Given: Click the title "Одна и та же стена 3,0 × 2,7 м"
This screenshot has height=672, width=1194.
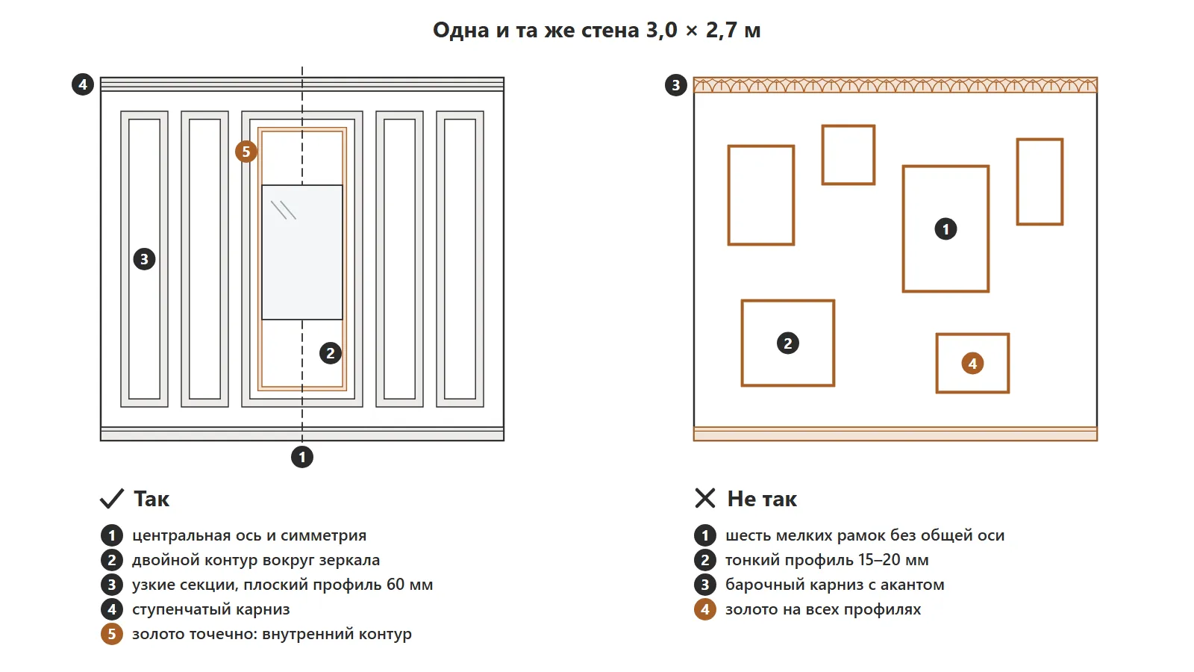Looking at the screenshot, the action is [x=596, y=31].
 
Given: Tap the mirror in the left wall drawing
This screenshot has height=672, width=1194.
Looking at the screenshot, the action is [x=301, y=252].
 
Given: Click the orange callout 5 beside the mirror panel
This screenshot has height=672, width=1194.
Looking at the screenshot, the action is [x=246, y=152].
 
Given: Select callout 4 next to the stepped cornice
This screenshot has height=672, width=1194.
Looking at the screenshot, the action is [x=83, y=84].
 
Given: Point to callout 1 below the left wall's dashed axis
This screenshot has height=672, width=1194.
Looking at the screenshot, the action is [x=302, y=457].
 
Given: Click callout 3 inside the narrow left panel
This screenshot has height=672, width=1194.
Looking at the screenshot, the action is [x=144, y=259].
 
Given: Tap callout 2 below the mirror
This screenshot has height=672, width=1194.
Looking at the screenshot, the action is [x=331, y=353].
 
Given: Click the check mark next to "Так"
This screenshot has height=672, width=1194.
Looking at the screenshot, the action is [x=112, y=499].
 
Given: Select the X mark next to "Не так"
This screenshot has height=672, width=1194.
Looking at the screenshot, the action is [x=705, y=499].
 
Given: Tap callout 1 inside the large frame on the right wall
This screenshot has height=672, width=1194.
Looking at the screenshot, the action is [x=946, y=229].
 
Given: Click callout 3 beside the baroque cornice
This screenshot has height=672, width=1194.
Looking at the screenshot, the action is [x=676, y=85].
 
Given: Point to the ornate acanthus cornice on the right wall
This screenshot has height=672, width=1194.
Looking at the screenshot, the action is [x=895, y=85].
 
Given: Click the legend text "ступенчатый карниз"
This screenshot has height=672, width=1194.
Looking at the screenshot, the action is [x=211, y=609].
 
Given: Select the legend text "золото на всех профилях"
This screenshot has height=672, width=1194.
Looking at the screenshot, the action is [x=823, y=609].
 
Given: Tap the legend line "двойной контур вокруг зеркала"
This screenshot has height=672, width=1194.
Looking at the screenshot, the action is [x=256, y=560].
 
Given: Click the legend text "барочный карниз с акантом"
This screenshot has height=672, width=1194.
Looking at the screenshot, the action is [x=835, y=585].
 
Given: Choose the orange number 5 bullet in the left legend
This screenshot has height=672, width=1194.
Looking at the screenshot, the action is [x=112, y=634].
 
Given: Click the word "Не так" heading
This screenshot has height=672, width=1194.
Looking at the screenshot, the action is [x=762, y=499].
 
